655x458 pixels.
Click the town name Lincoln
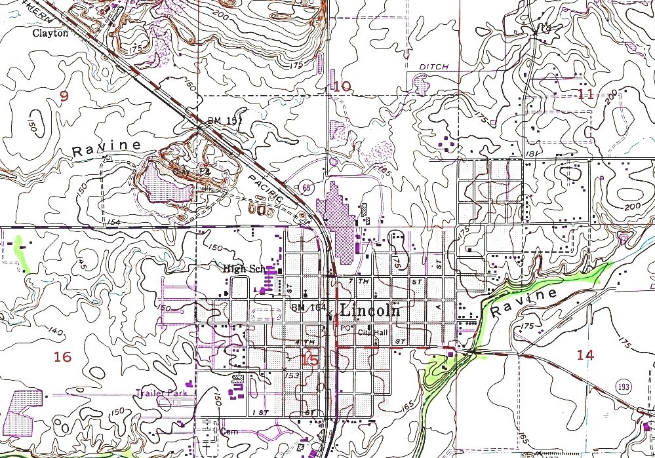click(x=370, y=310)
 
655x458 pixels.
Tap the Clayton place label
click(x=51, y=33)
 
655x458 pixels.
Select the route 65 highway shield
click(x=307, y=187)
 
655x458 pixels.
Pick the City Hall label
click(x=373, y=332)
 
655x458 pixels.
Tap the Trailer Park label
click(x=161, y=393)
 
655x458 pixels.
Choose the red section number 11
click(x=586, y=94)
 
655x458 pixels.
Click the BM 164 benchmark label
click(x=307, y=308)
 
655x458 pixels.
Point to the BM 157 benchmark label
click(x=212, y=121)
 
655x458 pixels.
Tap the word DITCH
click(x=433, y=67)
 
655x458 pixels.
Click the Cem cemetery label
click(x=229, y=431)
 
